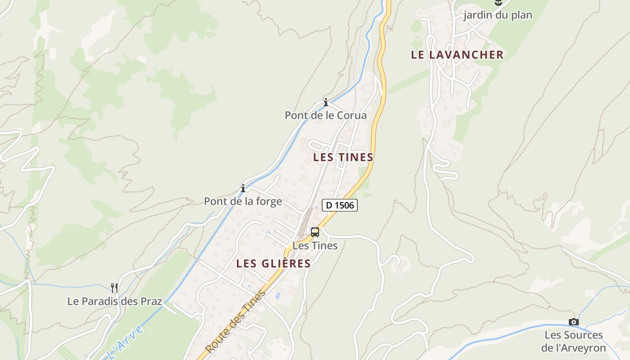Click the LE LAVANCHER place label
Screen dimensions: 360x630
coord(457,55)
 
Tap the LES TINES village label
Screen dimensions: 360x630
coord(343,157)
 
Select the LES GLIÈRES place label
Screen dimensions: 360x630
coord(274,264)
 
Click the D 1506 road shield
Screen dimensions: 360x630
coord(340,206)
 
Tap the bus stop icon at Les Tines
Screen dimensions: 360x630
coord(315,232)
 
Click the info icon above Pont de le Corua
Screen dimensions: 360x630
coord(326,103)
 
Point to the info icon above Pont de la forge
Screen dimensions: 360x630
coord(243,188)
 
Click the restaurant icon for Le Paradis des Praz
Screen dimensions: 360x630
coord(114,288)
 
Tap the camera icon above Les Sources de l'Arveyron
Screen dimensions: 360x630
coord(573,322)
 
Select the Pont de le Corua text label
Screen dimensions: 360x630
coord(326,116)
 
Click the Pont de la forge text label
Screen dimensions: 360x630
coord(243,201)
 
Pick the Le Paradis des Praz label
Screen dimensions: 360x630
coord(114,301)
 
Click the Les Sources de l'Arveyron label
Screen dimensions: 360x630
coord(573,342)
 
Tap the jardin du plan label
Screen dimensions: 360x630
coord(498,15)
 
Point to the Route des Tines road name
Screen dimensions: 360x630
coord(235,322)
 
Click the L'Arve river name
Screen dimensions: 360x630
coord(126,342)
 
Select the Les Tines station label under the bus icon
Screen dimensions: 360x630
coord(315,246)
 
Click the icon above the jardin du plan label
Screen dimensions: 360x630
coord(498,3)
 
